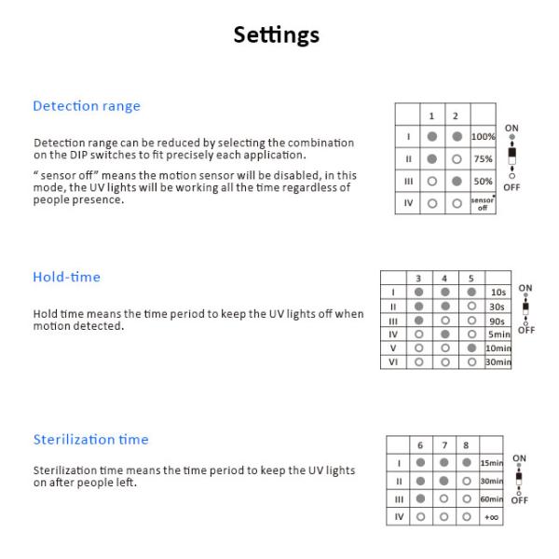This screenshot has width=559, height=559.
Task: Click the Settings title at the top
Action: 277,35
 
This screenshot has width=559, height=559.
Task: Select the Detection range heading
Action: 87,106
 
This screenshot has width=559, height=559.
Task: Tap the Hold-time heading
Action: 66,277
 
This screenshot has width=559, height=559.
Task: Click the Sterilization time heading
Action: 90,440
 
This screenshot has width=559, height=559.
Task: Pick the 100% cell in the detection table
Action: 483,137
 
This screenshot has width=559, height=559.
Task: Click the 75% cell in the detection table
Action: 483,158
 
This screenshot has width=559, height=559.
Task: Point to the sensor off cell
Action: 483,203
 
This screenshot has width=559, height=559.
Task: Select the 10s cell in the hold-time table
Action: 498,292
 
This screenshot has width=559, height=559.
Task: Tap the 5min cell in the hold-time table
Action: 498,334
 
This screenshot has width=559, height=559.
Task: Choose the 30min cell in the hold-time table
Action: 498,361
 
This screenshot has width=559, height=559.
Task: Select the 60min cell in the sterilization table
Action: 491,499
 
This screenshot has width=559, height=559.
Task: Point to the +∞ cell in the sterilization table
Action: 491,517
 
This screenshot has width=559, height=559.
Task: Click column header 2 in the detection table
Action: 456,116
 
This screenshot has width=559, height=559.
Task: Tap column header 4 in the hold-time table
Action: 445,278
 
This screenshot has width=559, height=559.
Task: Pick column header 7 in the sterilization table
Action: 444,445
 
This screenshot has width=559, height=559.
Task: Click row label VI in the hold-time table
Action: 393,361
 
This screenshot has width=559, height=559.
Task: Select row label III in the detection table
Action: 407,181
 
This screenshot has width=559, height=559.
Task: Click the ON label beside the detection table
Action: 511,129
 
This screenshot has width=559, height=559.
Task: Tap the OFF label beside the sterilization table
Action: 519,500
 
